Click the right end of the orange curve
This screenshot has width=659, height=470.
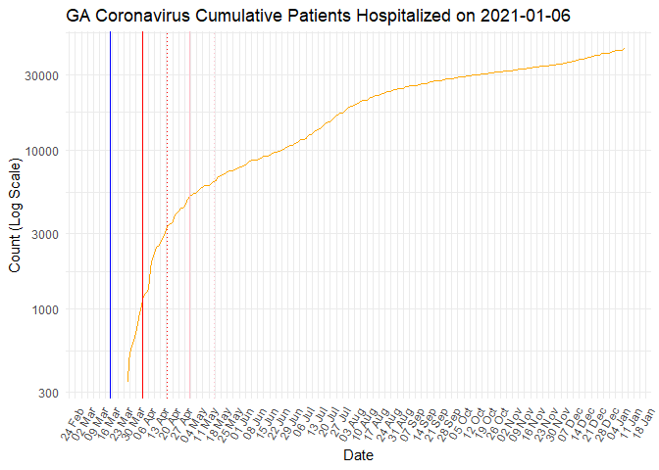[x=625, y=49]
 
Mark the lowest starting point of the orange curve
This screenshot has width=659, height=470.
[x=127, y=381]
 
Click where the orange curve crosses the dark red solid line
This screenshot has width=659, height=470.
[x=142, y=303]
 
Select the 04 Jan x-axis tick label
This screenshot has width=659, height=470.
[x=614, y=418]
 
